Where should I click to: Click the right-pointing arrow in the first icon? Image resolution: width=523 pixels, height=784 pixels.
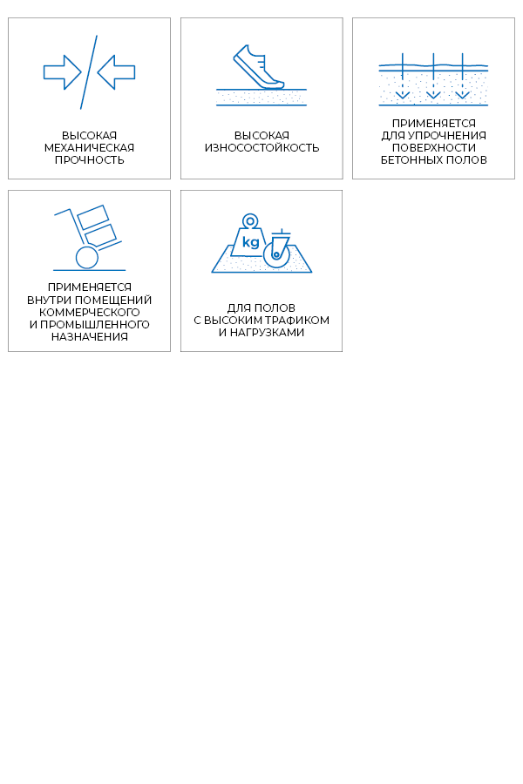click(63, 72)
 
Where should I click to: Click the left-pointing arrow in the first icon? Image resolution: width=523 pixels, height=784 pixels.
click(116, 72)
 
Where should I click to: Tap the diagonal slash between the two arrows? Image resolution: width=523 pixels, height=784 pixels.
click(89, 72)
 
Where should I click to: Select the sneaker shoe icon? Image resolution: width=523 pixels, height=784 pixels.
click(258, 67)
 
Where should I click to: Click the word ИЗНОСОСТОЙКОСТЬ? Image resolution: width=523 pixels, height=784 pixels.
click(261, 148)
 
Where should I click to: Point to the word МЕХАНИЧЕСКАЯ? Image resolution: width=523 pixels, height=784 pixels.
click(89, 148)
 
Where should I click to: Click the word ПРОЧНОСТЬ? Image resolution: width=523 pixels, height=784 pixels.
click(89, 160)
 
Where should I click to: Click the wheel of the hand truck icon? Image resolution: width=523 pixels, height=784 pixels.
click(87, 258)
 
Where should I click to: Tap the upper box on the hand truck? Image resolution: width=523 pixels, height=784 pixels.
click(93, 217)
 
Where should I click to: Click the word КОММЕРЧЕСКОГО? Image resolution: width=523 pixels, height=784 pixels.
click(89, 313)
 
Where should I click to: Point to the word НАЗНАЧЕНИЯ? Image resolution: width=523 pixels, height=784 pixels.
click(89, 337)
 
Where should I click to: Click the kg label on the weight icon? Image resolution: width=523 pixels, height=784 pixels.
click(250, 242)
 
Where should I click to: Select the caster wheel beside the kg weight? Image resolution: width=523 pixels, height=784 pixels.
click(276, 254)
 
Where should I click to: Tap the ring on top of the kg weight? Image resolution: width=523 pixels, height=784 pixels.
click(250, 221)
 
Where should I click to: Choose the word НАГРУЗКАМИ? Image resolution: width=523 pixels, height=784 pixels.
click(268, 333)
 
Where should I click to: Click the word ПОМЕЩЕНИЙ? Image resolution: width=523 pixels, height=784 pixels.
click(119, 301)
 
